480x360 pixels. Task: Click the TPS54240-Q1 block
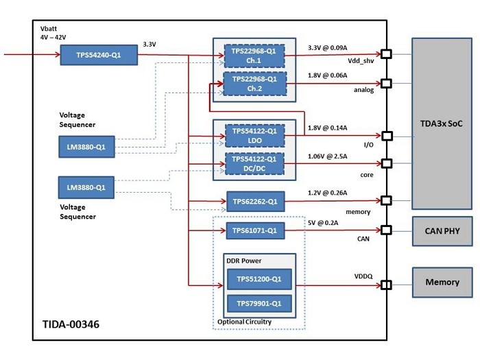click(99, 55)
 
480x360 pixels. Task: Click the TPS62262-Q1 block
click(254, 202)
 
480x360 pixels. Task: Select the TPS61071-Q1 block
click(254, 231)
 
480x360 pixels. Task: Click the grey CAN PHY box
click(442, 230)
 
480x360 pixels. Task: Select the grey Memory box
click(442, 283)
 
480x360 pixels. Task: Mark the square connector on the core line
click(386, 164)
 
